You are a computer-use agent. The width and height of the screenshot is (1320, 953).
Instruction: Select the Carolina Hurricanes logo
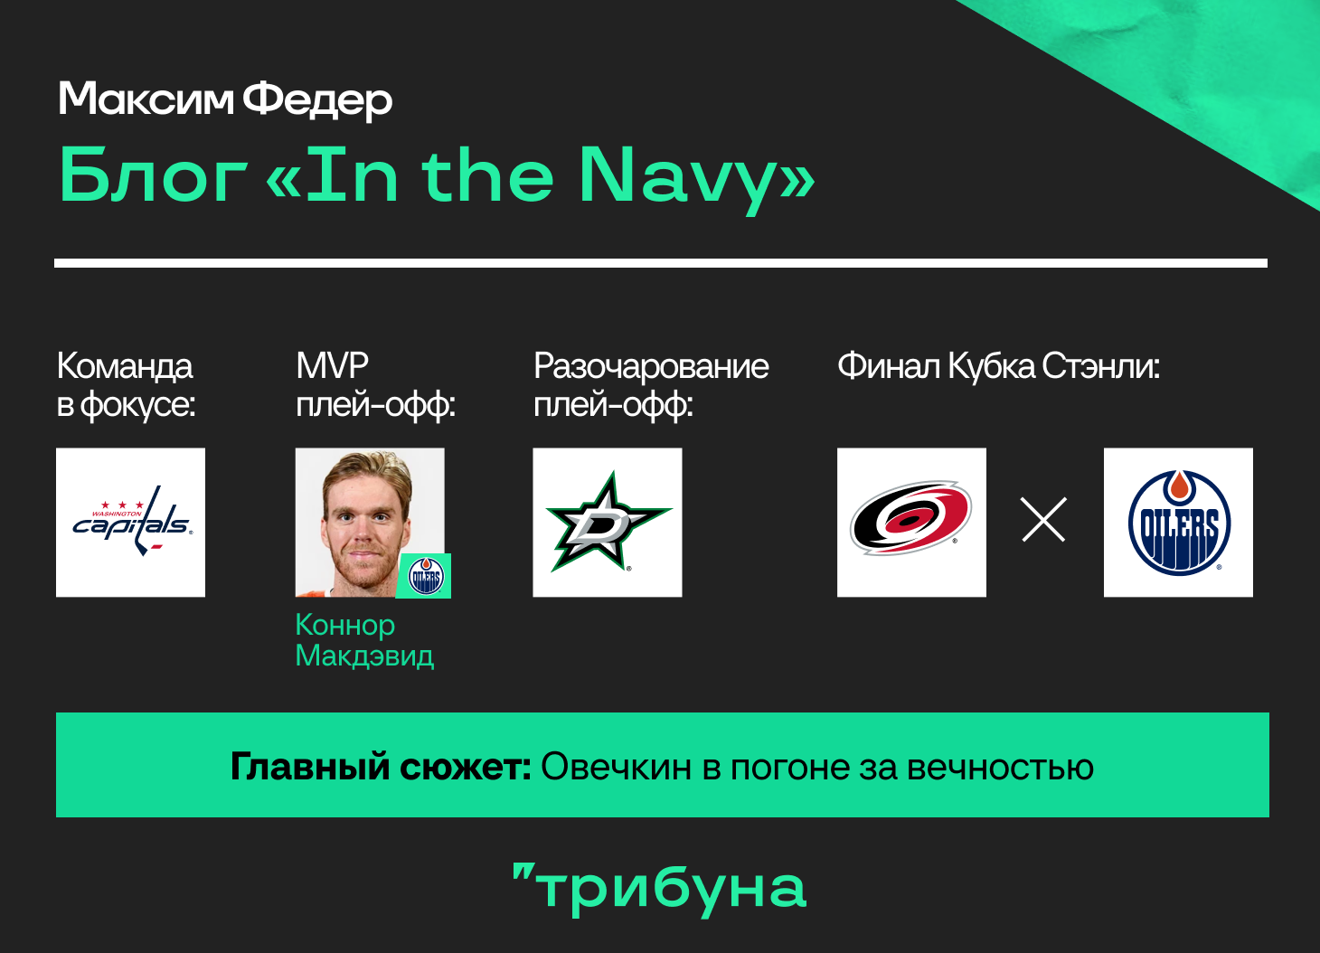point(911,519)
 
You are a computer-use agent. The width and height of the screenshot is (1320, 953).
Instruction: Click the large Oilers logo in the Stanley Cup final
point(1179,523)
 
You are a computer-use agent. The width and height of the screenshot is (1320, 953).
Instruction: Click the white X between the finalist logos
point(1043,519)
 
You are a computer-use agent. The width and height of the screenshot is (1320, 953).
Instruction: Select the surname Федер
point(317,100)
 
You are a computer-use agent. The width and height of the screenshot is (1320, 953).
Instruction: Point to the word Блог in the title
point(153,175)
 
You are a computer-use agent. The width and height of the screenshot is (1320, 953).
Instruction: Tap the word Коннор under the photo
point(344,625)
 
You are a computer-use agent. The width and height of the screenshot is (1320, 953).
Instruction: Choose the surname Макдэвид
point(364,656)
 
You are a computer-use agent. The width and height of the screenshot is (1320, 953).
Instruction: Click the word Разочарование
point(651,366)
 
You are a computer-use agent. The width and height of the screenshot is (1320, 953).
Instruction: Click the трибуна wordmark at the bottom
point(659,888)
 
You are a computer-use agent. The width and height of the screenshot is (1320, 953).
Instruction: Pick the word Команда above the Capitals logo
point(125,366)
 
